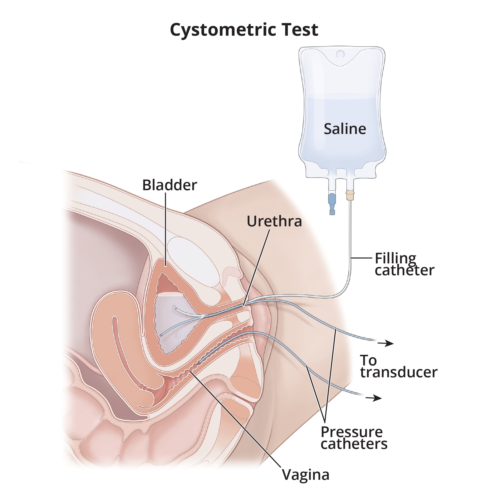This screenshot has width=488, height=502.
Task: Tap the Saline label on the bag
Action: (x=345, y=129)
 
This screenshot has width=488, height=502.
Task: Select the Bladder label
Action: (x=170, y=185)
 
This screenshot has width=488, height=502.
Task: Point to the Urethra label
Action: (x=274, y=221)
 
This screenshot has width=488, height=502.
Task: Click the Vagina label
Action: (x=305, y=475)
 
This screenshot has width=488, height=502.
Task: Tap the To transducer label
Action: (x=399, y=366)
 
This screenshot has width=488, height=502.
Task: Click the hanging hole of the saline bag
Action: (x=340, y=54)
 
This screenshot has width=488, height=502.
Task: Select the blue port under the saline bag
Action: (x=332, y=204)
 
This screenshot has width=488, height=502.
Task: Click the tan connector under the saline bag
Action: (x=350, y=195)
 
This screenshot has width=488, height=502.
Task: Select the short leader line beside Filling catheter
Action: (x=361, y=258)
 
